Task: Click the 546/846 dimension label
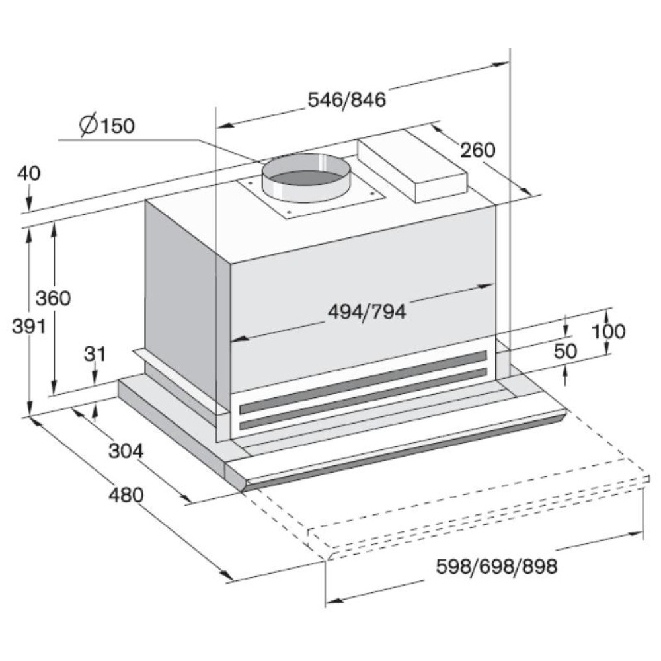(347, 100)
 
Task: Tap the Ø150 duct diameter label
(107, 125)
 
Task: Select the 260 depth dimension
(477, 149)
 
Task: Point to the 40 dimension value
(29, 173)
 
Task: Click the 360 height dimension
(53, 298)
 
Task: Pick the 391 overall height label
(28, 325)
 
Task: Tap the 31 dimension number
(95, 354)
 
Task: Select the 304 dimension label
(126, 451)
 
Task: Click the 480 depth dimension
(126, 495)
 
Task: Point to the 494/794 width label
(367, 312)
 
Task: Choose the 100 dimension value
(608, 331)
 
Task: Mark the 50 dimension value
(565, 351)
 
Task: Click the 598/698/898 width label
(496, 566)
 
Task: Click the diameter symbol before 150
(89, 125)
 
